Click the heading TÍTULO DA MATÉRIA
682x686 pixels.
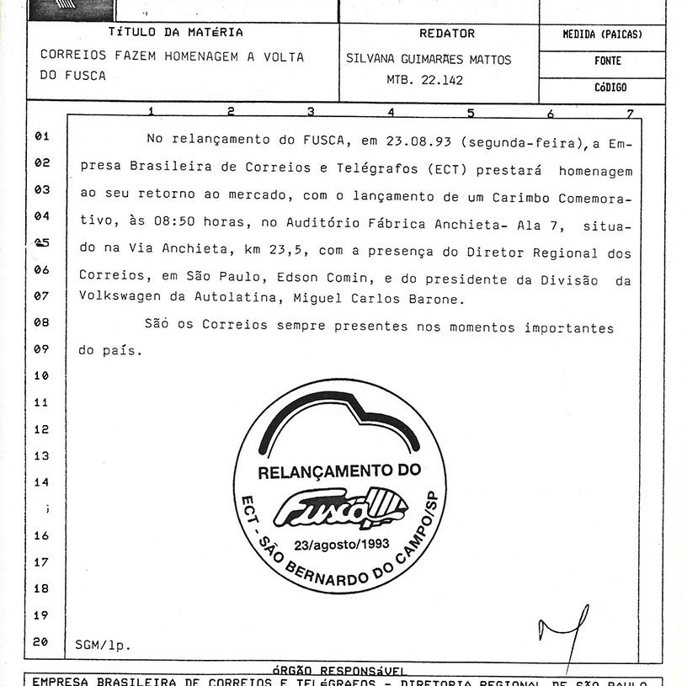tap(176, 33)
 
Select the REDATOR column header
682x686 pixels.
tap(446, 34)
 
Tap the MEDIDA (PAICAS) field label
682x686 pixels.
tap(602, 35)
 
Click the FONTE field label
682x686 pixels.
tap(607, 61)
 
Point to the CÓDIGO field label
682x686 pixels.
tap(610, 88)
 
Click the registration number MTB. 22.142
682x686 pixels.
tap(418, 81)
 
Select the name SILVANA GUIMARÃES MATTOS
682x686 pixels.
tap(429, 60)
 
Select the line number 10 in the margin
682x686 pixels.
tap(41, 376)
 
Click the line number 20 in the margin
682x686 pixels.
tap(40, 642)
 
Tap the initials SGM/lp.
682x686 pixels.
tap(103, 646)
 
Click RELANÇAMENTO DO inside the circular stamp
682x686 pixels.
tap(338, 473)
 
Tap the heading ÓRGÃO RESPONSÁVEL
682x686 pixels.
tap(339, 670)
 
